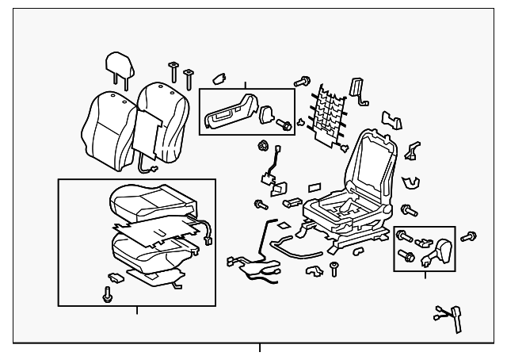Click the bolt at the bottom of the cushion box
106,293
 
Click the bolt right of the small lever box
468,236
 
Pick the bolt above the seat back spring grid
302,81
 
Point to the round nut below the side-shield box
262,147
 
